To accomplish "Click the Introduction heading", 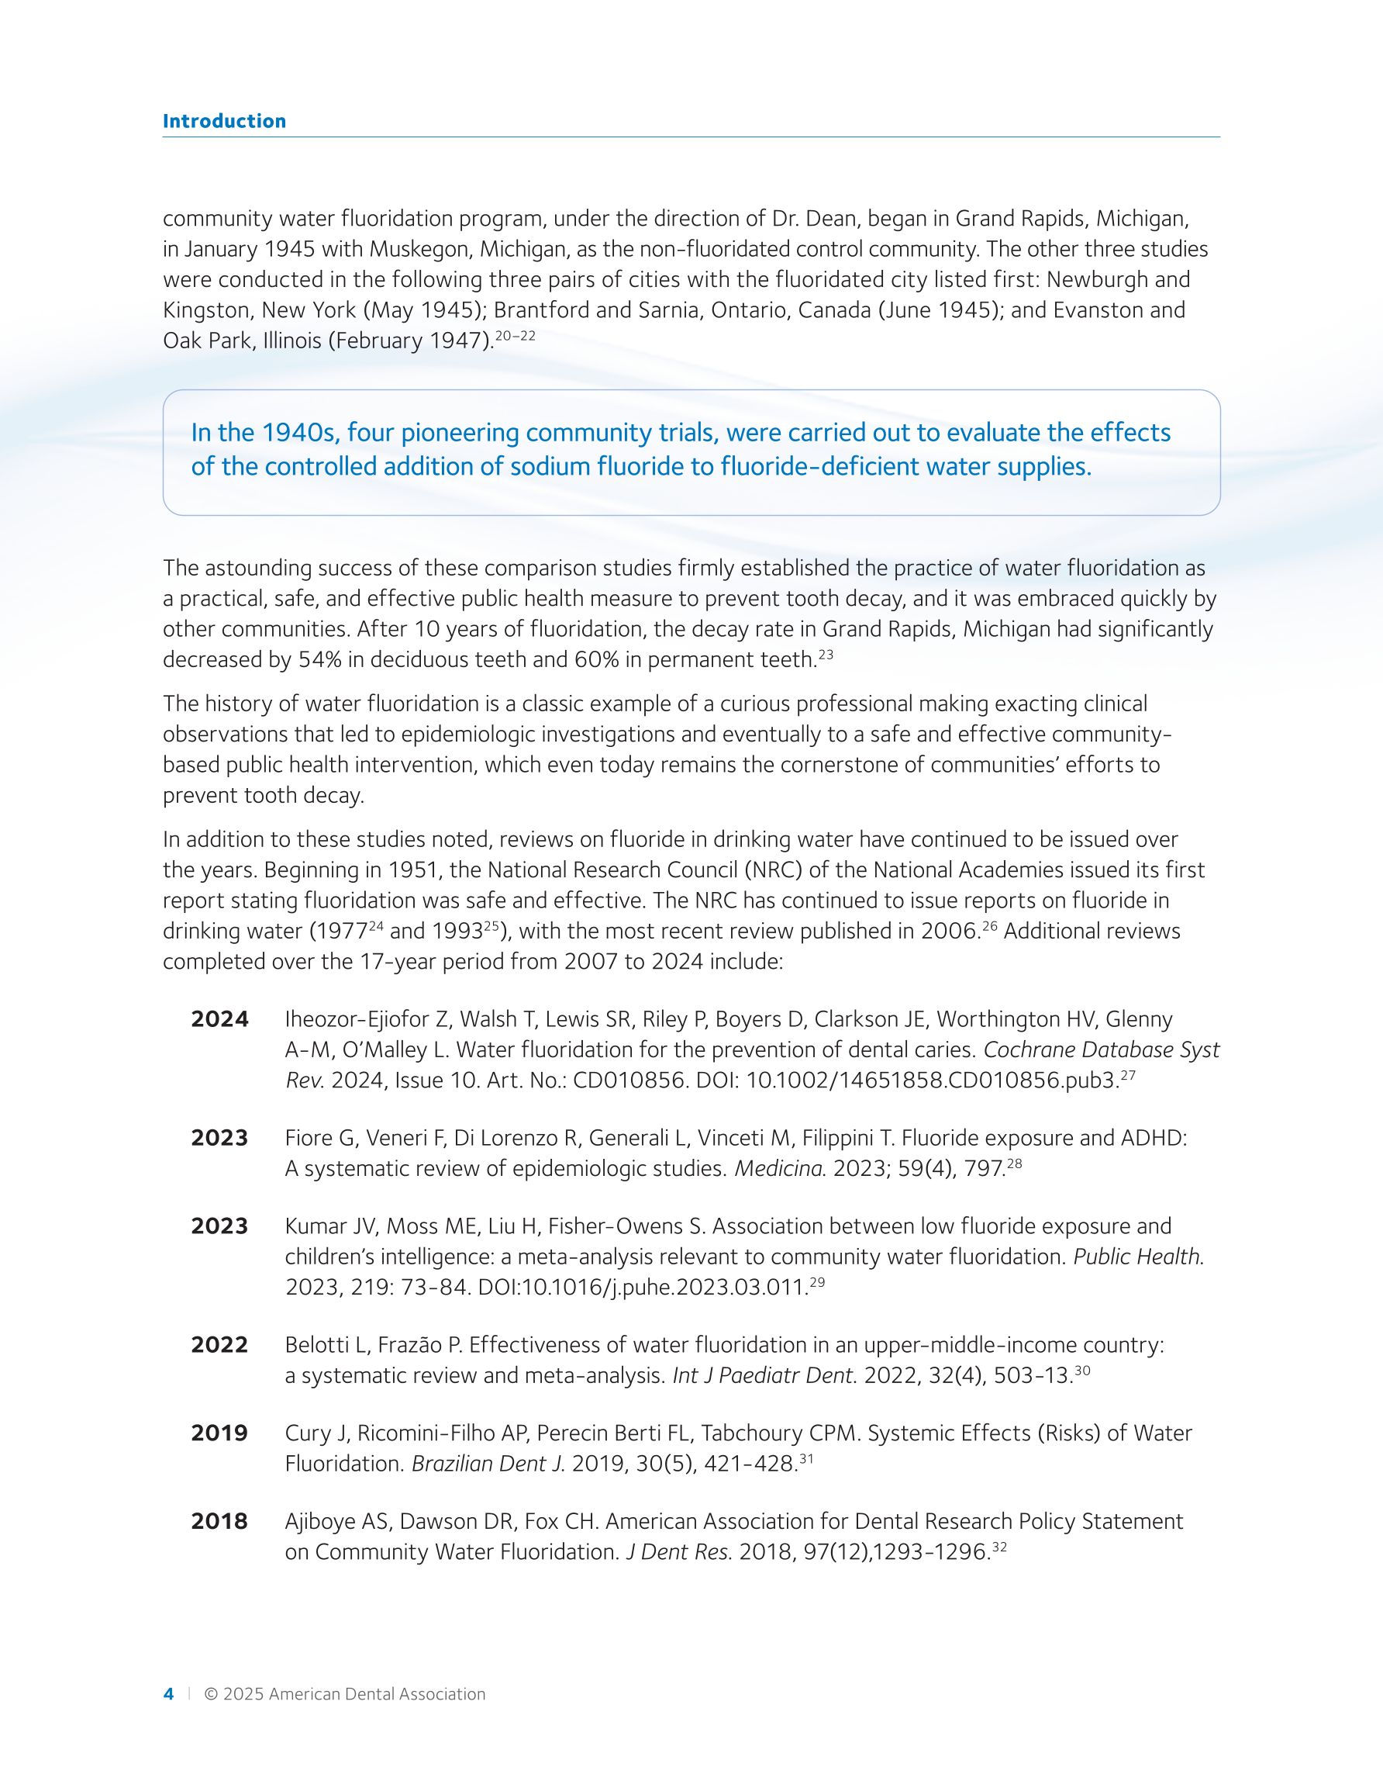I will coord(224,121).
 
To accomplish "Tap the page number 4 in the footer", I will coord(169,1694).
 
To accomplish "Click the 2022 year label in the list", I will coord(219,1345).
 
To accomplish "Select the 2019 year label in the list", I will coord(219,1433).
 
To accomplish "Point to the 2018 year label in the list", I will coord(219,1521).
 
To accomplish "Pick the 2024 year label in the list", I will coord(219,1018).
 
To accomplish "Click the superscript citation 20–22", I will coord(515,335).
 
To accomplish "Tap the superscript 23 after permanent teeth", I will coord(825,655).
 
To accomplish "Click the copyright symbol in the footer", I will coord(211,1694).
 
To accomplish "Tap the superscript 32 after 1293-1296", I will coord(998,1547).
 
